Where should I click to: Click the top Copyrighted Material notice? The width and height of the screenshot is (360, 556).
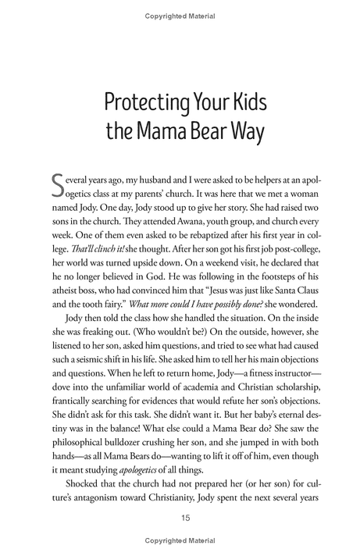pos(180,16)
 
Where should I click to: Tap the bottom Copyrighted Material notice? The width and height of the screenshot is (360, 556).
pos(180,540)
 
